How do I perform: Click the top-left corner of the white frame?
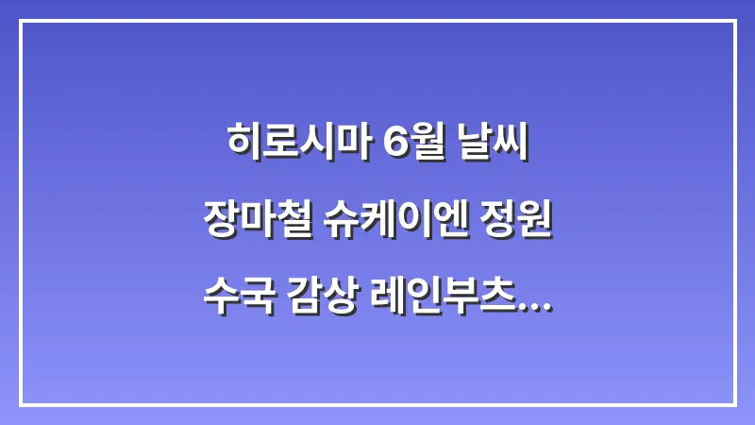[x=21, y=21]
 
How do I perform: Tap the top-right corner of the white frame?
[x=734, y=21]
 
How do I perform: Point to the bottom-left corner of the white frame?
[x=21, y=404]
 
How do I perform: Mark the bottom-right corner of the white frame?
[x=734, y=404]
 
